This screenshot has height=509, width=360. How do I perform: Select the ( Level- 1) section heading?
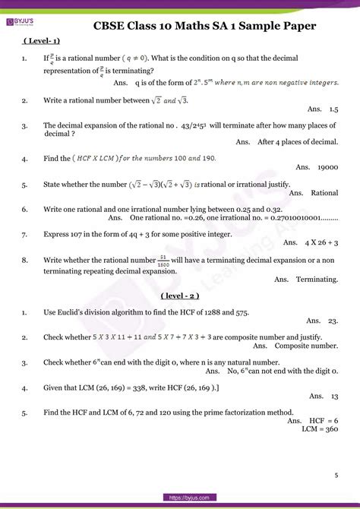click(x=42, y=42)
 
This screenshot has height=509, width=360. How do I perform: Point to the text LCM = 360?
click(x=320, y=428)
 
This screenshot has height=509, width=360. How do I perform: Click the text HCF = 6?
click(x=324, y=420)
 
